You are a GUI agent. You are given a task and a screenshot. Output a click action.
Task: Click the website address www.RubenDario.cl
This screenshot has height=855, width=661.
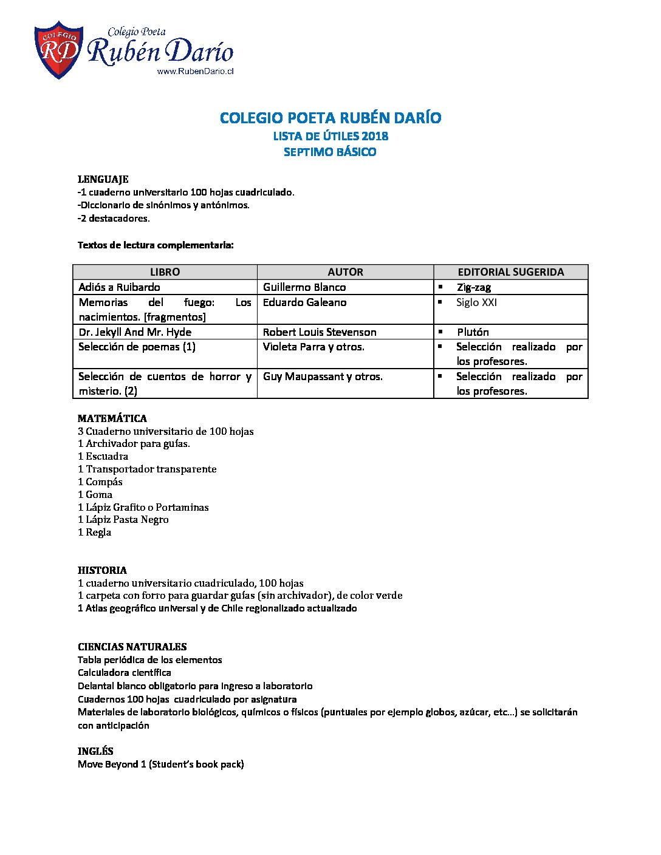(195, 71)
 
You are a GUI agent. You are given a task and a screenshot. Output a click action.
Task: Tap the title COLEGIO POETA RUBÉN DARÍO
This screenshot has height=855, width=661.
(330, 118)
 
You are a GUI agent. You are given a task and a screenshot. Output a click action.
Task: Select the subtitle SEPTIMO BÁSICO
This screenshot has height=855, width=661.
(330, 152)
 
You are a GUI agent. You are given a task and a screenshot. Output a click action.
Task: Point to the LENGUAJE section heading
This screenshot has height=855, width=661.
(103, 179)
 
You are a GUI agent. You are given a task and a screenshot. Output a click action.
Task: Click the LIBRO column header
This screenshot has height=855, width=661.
(165, 272)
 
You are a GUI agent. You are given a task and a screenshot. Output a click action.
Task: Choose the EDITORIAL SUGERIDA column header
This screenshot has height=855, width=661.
(510, 272)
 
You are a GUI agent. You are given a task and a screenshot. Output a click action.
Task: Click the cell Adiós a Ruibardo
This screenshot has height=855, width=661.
(120, 287)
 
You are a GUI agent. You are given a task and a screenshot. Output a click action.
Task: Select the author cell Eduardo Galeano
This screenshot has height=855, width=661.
(304, 302)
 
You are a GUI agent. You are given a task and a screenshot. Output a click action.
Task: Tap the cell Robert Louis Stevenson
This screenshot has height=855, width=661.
(320, 332)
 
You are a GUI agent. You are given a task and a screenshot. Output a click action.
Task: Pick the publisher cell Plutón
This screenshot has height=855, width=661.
(473, 332)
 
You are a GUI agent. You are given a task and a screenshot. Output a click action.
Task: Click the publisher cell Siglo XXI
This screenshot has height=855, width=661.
(476, 302)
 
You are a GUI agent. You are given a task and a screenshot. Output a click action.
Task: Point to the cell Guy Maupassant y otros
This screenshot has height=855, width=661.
(323, 376)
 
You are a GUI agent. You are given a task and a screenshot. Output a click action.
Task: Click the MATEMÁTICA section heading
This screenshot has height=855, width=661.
(112, 418)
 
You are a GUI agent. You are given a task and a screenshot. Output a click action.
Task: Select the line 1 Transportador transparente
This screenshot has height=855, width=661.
(147, 469)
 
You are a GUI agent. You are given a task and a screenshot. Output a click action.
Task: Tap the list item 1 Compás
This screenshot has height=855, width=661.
(100, 482)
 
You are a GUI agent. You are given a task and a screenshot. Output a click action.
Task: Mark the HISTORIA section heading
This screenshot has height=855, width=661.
(102, 570)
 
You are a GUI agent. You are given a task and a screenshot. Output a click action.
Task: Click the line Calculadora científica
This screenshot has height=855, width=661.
(125, 673)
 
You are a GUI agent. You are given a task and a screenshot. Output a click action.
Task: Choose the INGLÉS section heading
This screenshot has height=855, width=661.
(95, 751)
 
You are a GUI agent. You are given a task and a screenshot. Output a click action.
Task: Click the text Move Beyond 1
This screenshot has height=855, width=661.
(112, 765)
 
